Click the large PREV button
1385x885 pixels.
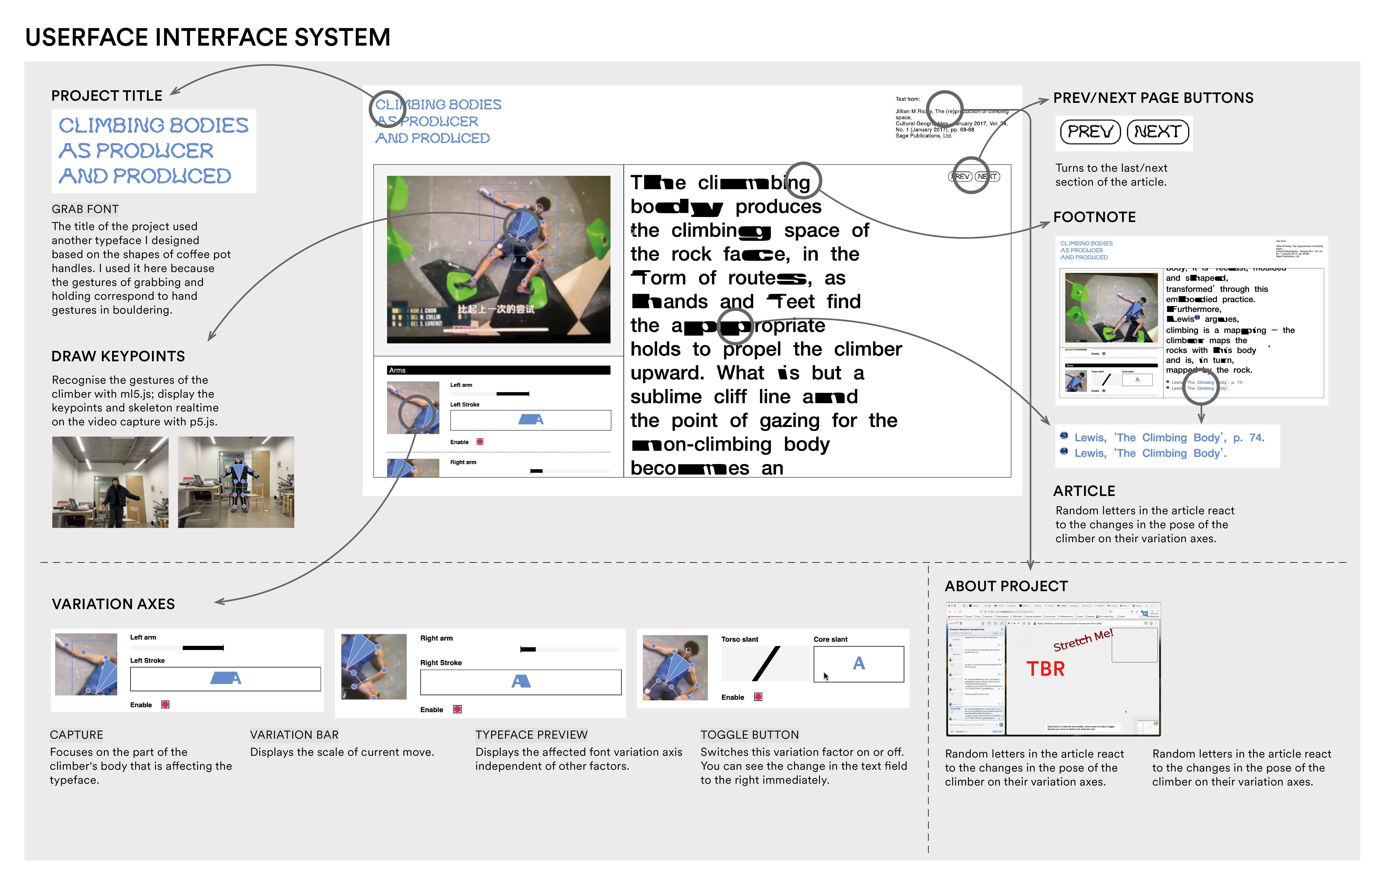click(1090, 132)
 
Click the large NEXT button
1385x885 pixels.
click(1157, 132)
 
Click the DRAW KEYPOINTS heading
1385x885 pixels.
click(118, 357)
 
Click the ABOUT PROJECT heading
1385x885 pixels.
click(1006, 586)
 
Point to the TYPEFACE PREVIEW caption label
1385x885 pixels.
click(531, 735)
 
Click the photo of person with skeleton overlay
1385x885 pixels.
click(236, 482)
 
